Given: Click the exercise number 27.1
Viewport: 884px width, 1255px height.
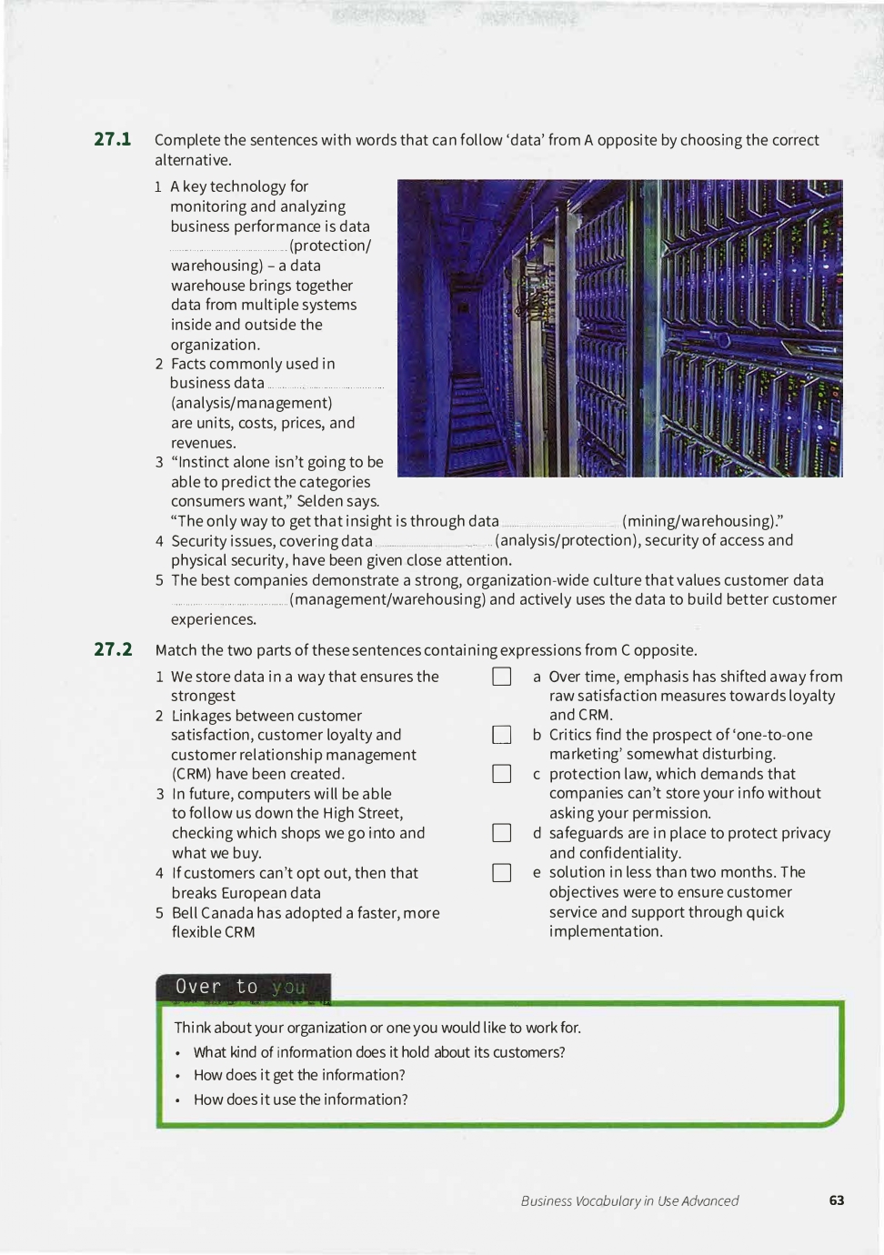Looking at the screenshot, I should coord(113,139).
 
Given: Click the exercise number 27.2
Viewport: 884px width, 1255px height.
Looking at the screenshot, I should coord(113,649).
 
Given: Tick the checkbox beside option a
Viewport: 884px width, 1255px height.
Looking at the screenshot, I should coord(501,677).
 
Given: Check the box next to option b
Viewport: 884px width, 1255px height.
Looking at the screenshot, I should coord(501,735).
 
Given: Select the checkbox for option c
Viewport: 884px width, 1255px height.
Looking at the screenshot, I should coord(501,774).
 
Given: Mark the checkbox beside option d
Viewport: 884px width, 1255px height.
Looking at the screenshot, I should coord(501,833).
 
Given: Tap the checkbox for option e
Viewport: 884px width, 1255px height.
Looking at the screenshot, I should coord(501,873).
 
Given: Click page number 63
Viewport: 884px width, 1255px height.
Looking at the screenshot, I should coord(837,1200).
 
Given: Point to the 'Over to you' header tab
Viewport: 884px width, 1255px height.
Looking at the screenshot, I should coord(242,988).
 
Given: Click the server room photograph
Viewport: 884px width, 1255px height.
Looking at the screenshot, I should coord(619,328).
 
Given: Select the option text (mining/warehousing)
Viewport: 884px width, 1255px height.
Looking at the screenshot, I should coord(702,521).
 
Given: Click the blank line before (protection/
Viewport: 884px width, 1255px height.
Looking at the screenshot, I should coord(228,248).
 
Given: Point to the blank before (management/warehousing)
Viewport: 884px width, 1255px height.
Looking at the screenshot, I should coord(229,602).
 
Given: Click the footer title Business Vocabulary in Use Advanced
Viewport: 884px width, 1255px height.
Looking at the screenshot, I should coord(629,1201).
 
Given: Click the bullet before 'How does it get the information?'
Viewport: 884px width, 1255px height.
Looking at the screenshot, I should coord(178,1076).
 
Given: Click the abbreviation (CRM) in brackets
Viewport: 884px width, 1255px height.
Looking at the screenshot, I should coord(195,774).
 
